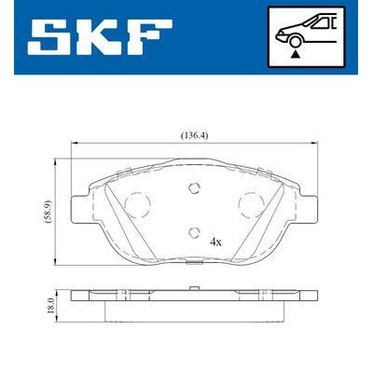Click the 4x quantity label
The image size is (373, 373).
216,242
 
